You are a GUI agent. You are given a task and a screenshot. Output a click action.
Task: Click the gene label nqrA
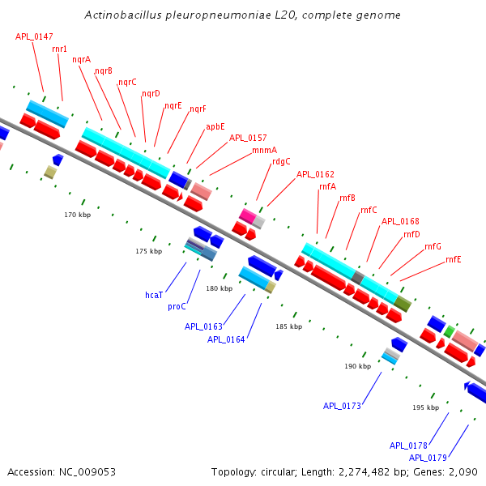point(82,59)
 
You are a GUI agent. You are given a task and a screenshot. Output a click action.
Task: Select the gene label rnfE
point(454,259)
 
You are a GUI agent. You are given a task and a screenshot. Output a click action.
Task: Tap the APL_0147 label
point(34,37)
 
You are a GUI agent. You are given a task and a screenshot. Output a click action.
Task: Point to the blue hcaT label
point(154,295)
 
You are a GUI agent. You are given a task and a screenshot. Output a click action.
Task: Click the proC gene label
point(177,306)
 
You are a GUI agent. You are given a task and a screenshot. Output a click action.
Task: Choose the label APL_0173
point(342,406)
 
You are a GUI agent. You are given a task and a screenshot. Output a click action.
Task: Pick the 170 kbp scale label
point(78,215)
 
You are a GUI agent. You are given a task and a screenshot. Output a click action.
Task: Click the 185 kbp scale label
point(289,326)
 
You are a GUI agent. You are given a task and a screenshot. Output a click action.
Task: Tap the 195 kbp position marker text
point(426,407)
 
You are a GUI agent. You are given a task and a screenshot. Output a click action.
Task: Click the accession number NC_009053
point(87,472)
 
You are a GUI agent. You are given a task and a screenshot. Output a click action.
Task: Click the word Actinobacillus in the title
point(123,15)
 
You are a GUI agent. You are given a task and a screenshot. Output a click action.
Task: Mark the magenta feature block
point(248,215)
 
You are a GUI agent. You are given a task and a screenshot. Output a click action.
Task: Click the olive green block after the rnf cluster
point(403,304)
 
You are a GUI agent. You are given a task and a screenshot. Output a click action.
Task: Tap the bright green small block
point(449,331)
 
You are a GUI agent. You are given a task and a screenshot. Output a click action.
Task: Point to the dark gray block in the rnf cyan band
point(358,278)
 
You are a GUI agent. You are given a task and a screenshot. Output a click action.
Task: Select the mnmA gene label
point(264,151)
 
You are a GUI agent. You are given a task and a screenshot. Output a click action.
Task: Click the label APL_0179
point(428,458)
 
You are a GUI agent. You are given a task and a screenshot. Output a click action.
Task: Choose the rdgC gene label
point(281,162)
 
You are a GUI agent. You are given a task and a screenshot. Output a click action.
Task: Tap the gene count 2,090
point(463,472)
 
